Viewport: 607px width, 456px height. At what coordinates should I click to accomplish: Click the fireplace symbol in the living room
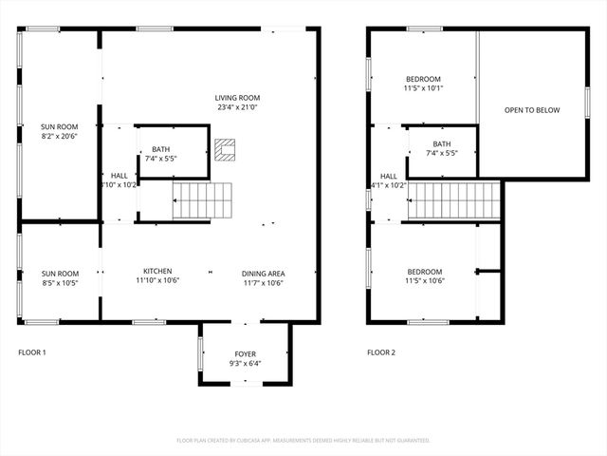click(225, 149)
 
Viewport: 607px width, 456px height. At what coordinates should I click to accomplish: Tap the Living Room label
click(237, 98)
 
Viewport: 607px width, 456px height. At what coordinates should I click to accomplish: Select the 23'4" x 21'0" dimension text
click(237, 107)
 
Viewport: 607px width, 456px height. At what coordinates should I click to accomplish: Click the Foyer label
click(245, 353)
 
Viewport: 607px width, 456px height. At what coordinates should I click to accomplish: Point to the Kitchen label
click(157, 270)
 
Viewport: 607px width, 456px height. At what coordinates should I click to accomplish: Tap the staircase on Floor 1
click(202, 201)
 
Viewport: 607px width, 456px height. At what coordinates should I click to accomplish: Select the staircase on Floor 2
click(452, 200)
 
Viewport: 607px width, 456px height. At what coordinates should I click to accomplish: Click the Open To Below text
click(531, 110)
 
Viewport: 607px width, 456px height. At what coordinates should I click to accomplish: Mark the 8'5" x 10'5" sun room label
click(59, 277)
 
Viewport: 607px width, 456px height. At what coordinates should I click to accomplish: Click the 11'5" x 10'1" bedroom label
click(422, 84)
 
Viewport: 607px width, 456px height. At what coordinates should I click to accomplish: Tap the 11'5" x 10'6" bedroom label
click(422, 276)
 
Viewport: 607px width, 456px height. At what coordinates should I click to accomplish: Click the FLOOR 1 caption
click(32, 352)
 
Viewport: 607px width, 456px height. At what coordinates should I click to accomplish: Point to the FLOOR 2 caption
click(381, 352)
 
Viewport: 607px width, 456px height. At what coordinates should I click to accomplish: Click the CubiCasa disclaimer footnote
click(303, 440)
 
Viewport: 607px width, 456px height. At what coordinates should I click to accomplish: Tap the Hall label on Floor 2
click(389, 176)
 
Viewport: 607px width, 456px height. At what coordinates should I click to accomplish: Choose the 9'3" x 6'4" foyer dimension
click(245, 362)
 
